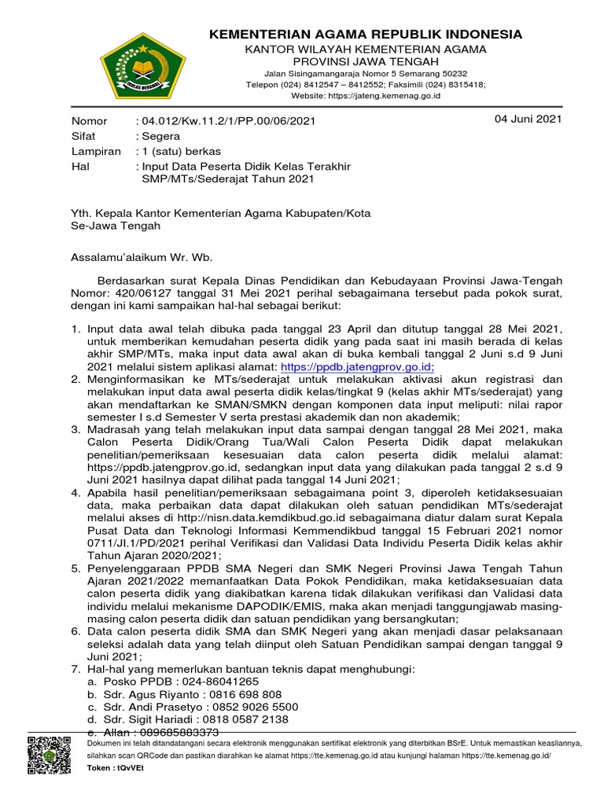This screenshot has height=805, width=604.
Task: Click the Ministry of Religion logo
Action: click(x=139, y=62)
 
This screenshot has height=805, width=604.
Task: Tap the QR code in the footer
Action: click(x=49, y=756)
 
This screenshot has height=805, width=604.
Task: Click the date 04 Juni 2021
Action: click(x=527, y=119)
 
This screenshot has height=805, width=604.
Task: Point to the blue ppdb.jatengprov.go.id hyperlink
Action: click(x=358, y=366)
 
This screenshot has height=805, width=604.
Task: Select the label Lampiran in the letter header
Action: click(x=96, y=151)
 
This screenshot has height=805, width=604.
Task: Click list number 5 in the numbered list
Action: click(x=76, y=568)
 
